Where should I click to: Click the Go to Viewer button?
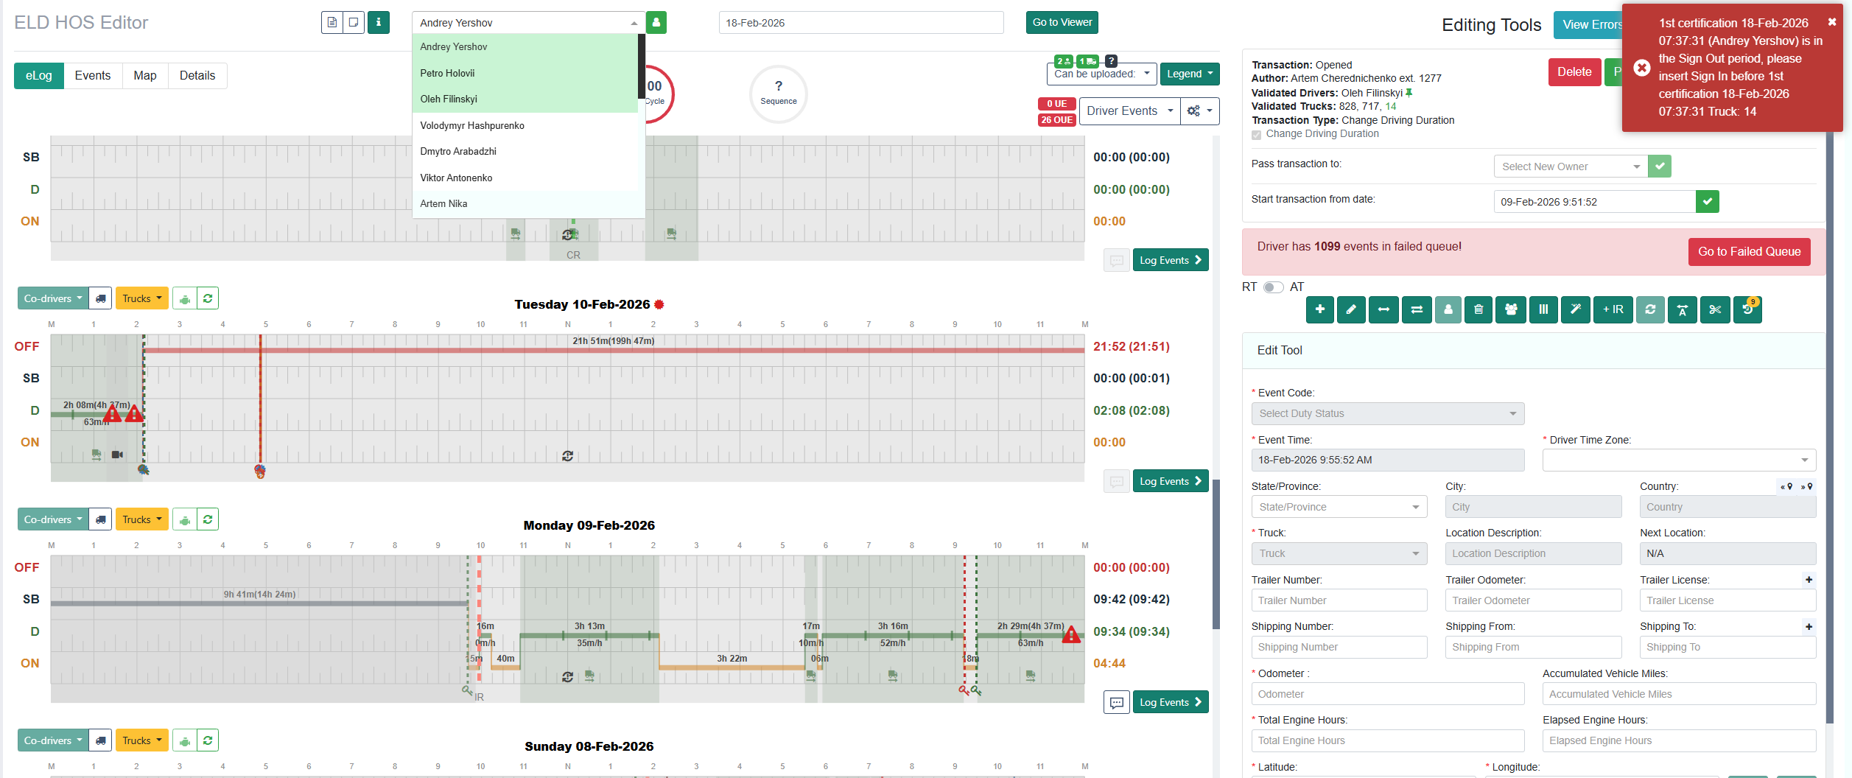[x=1062, y=23]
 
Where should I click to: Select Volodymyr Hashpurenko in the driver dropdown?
[x=472, y=125]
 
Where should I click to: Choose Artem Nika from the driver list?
[x=443, y=203]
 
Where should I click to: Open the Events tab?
[x=92, y=76]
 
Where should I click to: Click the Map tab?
[x=144, y=76]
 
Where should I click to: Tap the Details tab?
[x=197, y=76]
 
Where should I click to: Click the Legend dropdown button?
[x=1189, y=74]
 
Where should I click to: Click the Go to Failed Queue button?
[x=1749, y=252]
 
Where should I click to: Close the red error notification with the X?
[x=1832, y=22]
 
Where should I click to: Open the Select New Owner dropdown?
[x=1570, y=167]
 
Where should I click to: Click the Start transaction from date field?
[x=1594, y=202]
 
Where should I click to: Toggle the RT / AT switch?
[x=1273, y=287]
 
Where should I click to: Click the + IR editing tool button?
[x=1613, y=309]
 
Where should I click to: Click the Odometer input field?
[x=1387, y=694]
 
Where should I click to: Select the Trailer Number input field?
[x=1339, y=600]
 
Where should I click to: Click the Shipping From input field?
[x=1532, y=647]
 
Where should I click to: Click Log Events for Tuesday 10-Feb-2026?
[x=1170, y=481]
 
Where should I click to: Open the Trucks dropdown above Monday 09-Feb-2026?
[x=141, y=519]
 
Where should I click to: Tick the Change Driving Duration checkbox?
[x=1257, y=135]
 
